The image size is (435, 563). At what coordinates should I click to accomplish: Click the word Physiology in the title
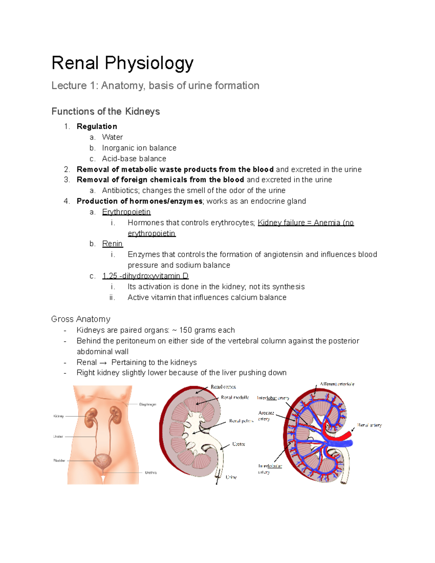[x=149, y=63]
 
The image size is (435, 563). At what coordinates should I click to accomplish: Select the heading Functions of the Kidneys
[x=105, y=111]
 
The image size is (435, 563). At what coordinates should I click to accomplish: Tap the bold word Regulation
[x=97, y=127]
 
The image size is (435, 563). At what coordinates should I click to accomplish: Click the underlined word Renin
[x=112, y=244]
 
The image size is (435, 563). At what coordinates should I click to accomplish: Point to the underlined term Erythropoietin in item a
[x=126, y=212]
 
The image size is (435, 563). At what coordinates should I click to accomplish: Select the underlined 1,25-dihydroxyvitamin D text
[x=145, y=276]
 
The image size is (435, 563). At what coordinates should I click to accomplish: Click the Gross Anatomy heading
[x=81, y=319]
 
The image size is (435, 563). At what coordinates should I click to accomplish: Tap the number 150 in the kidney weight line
[x=186, y=330]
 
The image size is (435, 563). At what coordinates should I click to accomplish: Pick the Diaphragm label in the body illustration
[x=148, y=404]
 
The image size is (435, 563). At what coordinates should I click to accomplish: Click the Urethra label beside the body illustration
[x=151, y=473]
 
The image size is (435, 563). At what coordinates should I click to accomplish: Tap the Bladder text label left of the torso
[x=59, y=460]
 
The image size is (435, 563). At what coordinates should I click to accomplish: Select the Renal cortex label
[x=223, y=387]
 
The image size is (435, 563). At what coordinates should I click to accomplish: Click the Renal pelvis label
[x=241, y=421]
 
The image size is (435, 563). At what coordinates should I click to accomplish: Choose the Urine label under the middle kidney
[x=231, y=477]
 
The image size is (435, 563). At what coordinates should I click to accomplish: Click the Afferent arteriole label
[x=337, y=384]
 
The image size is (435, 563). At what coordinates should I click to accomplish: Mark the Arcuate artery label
[x=266, y=416]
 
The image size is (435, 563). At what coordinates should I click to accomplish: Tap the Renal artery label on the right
[x=369, y=425]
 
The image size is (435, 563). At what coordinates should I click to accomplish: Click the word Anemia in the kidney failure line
[x=327, y=223]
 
